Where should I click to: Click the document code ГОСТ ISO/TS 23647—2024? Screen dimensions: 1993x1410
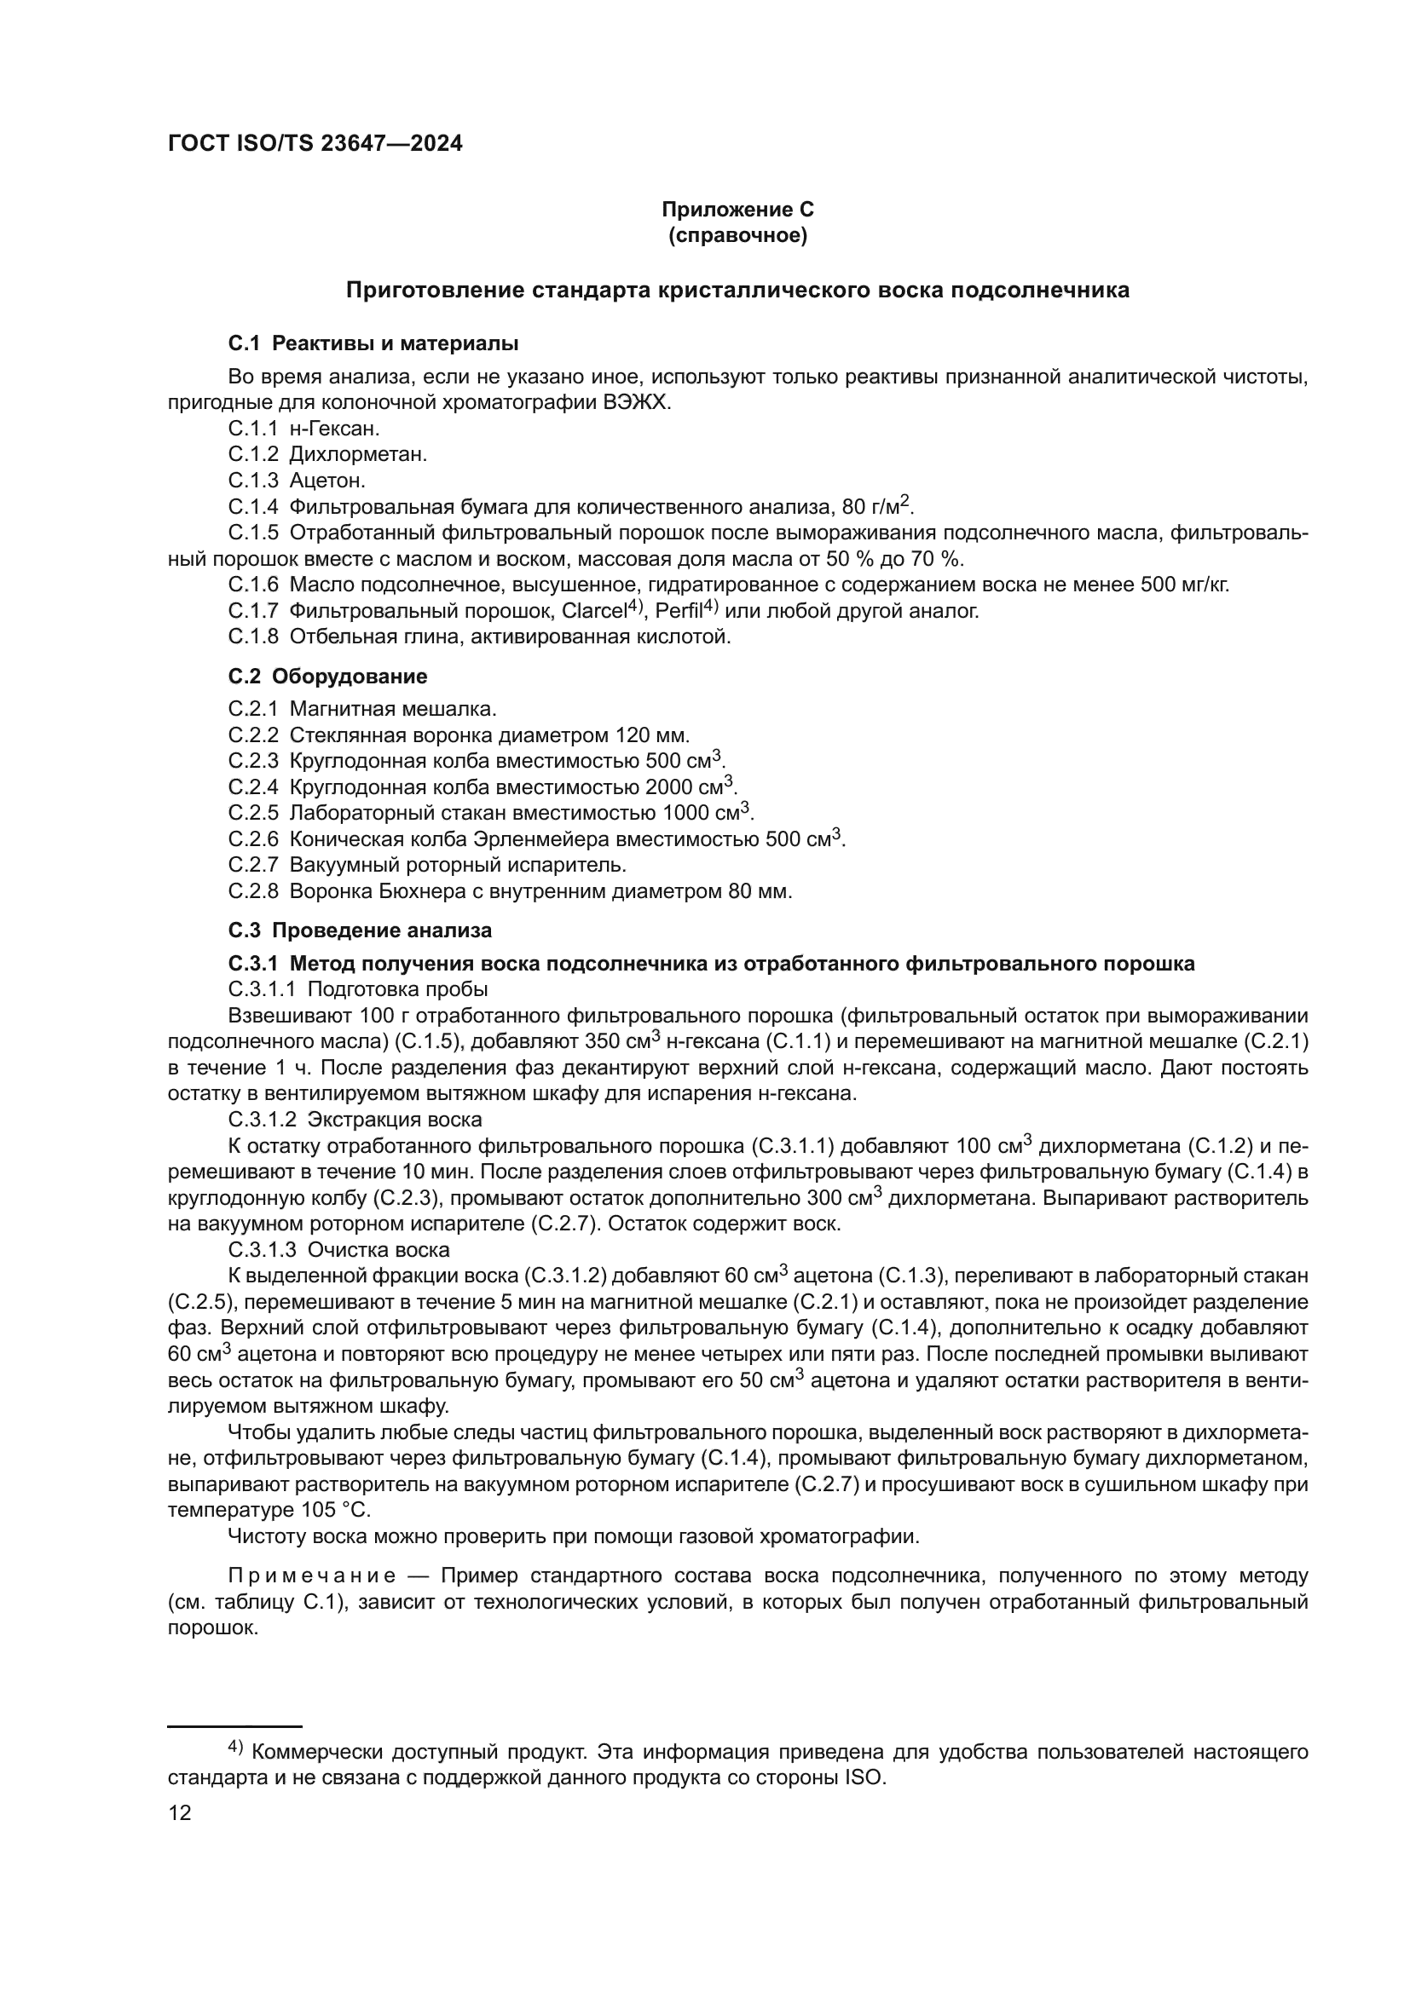[x=315, y=144]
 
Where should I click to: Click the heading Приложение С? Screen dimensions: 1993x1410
[x=737, y=210]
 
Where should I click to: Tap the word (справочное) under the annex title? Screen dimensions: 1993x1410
[x=737, y=235]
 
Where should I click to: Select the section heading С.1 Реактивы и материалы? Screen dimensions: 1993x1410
[x=373, y=343]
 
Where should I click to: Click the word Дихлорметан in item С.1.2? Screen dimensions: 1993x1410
[x=357, y=454]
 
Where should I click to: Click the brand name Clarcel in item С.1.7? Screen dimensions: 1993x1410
[x=594, y=611]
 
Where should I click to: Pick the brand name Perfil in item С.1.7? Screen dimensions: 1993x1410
[x=678, y=611]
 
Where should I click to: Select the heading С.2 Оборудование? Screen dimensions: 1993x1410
[x=327, y=677]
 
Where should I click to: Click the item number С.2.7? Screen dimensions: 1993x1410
[x=253, y=866]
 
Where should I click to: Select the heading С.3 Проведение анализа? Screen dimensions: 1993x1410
[x=360, y=930]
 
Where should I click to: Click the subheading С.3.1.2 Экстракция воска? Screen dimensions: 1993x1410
[x=355, y=1120]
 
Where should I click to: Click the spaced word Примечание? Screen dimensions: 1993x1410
[x=312, y=1575]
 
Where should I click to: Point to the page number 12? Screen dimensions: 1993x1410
[x=180, y=1813]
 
